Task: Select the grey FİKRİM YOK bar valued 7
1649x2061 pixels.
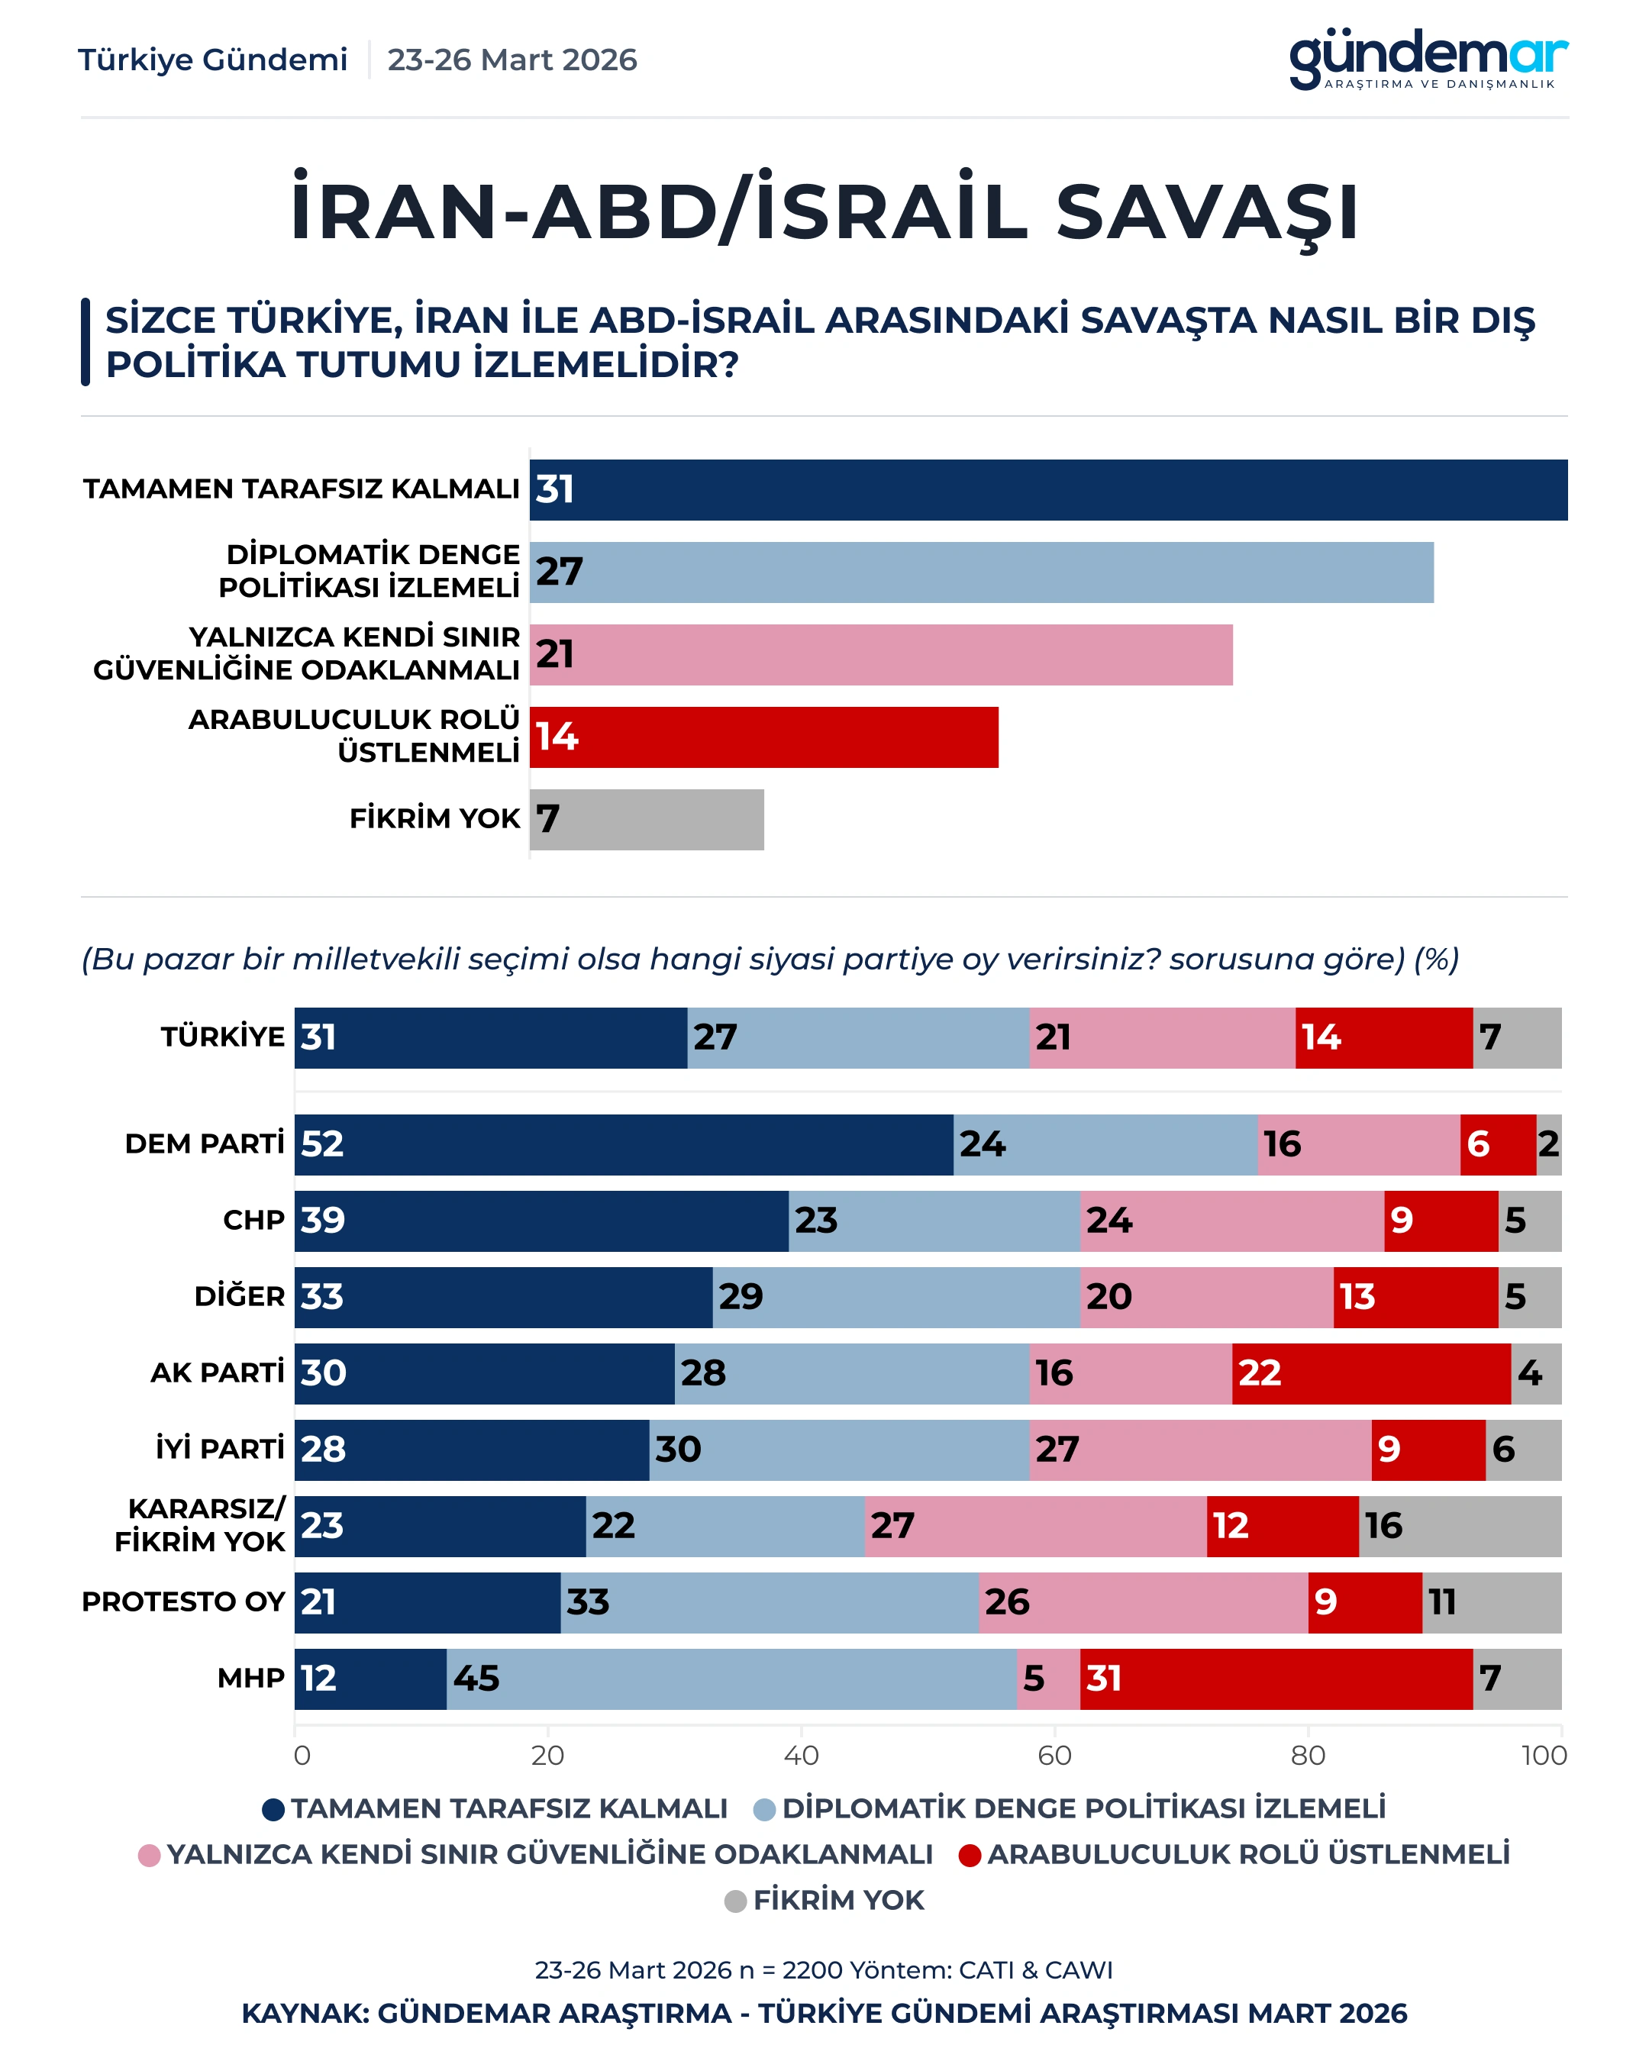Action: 647,819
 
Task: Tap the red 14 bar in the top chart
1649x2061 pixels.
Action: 763,737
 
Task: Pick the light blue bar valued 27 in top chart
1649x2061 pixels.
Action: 982,572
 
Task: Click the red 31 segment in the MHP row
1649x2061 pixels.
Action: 1276,1679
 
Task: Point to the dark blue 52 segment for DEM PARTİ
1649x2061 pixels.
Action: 623,1144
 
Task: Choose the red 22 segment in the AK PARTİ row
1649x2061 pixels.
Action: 1371,1374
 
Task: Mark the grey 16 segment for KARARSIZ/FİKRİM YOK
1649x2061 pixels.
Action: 1460,1527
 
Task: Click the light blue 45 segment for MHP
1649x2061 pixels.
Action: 731,1679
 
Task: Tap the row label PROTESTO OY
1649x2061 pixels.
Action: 183,1602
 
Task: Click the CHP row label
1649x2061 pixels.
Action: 253,1221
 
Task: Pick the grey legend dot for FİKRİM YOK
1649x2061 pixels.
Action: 735,1901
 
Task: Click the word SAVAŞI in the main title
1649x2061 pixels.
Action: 1207,212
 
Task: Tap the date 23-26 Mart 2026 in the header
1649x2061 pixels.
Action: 511,60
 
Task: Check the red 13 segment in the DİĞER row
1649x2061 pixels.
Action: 1415,1297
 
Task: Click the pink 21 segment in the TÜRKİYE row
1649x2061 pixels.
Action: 1163,1038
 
